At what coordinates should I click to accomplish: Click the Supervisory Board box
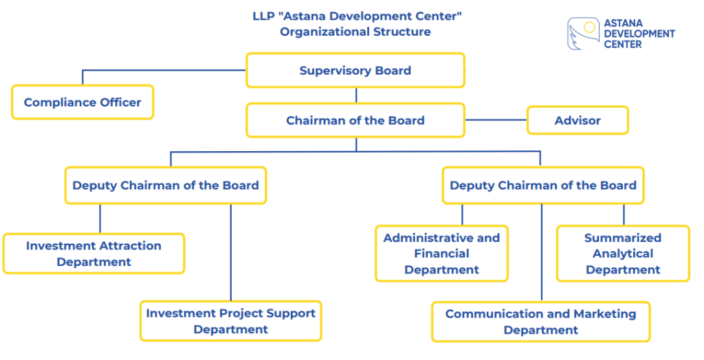click(355, 71)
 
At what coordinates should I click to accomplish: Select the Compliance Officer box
click(82, 102)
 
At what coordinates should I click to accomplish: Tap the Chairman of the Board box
click(355, 120)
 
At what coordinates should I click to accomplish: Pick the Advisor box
click(577, 120)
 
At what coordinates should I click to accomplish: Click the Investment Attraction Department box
click(93, 254)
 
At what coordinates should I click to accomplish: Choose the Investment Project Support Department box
click(231, 321)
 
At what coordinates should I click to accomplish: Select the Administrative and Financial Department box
click(442, 254)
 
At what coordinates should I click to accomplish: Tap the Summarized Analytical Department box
click(623, 254)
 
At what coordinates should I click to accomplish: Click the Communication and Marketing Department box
click(540, 322)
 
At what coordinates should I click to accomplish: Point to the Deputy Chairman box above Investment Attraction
click(166, 185)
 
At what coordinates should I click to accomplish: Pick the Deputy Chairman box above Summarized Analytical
click(543, 185)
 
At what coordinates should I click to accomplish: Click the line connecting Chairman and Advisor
click(496, 120)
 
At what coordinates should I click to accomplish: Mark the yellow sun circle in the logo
click(589, 27)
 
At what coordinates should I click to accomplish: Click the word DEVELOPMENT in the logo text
click(639, 34)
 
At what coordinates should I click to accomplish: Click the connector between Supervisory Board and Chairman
click(356, 95)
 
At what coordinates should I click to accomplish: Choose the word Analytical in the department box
click(623, 254)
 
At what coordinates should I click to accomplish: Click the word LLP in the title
click(262, 16)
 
